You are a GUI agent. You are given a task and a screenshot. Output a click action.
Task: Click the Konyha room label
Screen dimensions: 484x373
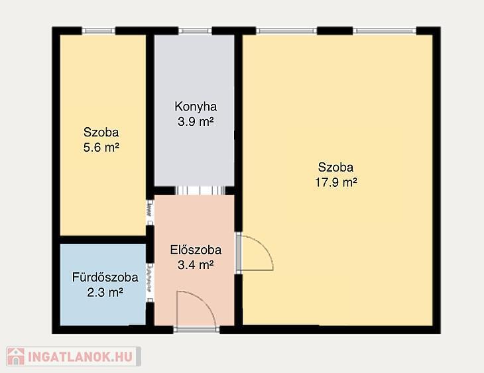tap(196, 107)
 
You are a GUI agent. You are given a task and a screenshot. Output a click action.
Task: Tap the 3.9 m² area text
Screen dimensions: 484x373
tap(196, 121)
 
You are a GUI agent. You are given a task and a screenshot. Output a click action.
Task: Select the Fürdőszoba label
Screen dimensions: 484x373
tap(105, 277)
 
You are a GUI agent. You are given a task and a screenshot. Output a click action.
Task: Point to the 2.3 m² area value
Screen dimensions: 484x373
tap(105, 292)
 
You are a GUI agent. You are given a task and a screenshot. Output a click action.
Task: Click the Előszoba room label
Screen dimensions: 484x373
tap(196, 250)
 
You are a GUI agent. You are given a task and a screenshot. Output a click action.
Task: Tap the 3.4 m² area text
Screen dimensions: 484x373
tap(196, 264)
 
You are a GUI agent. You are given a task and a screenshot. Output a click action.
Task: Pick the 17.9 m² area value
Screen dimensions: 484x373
tap(336, 182)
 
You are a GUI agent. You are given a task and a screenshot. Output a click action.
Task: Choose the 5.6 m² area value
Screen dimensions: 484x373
tap(101, 147)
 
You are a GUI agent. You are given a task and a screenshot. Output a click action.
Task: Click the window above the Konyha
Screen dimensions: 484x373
tap(195, 30)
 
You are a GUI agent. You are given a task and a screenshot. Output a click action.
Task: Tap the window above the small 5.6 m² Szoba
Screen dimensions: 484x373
tap(99, 30)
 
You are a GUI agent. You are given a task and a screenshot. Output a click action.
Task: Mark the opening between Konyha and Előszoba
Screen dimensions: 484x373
tap(200, 190)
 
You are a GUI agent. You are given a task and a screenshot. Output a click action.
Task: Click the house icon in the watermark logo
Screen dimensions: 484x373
tap(16, 356)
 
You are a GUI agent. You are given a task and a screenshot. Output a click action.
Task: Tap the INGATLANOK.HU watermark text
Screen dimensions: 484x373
tap(80, 356)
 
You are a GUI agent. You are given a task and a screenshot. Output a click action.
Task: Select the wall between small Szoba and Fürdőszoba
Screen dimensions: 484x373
tap(103, 240)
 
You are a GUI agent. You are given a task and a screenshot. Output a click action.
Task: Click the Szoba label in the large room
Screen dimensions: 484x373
tap(336, 167)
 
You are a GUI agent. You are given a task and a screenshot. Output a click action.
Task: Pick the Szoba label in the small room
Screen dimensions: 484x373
tap(101, 133)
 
